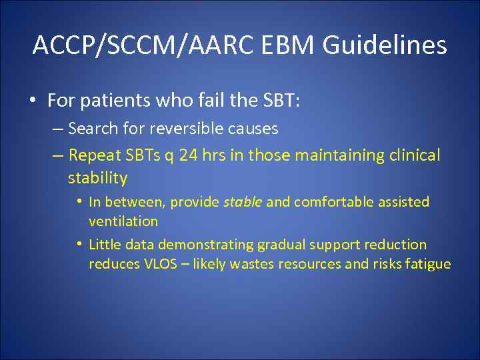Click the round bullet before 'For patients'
tap(32, 101)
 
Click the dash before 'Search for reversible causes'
tap(57, 128)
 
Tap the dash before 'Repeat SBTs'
tap(57, 156)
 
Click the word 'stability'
tap(97, 178)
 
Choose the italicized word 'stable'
tap(243, 202)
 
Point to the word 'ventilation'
tap(123, 221)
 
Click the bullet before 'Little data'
tap(79, 245)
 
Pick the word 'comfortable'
tap(327, 202)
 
